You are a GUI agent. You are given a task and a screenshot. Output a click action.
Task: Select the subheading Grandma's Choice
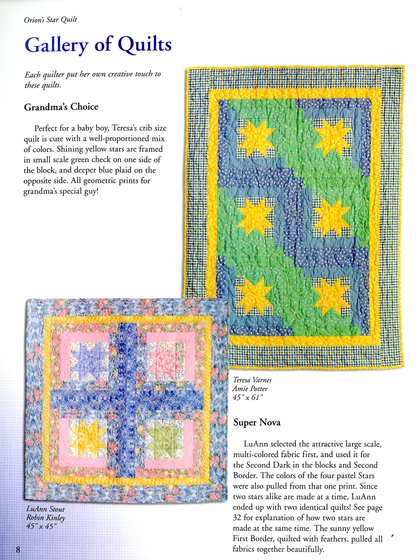61,107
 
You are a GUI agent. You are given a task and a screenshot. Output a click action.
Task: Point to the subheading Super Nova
257,422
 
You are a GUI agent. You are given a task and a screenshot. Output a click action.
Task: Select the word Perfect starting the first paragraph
46,128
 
